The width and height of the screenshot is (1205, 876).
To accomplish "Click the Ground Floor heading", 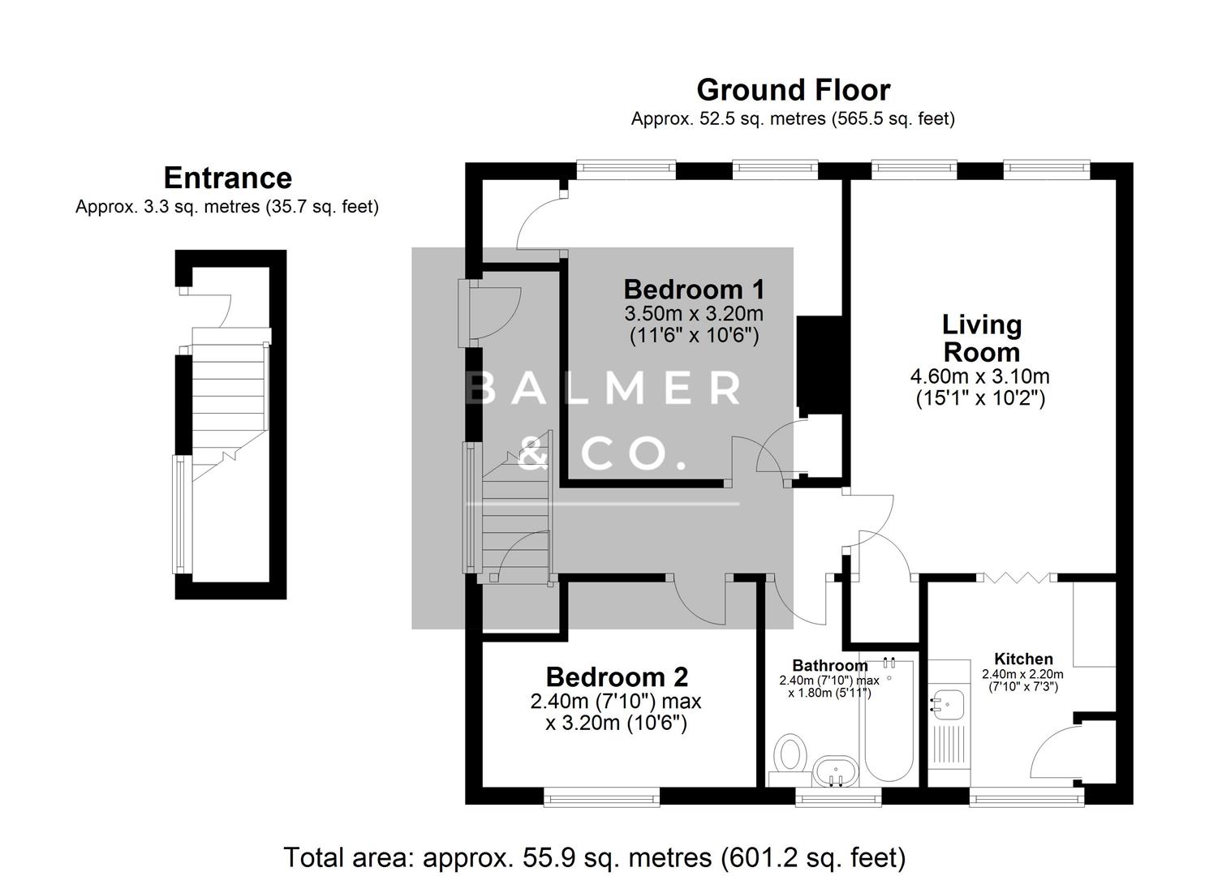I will click(793, 90).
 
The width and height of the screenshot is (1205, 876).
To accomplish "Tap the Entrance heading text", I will click(227, 178).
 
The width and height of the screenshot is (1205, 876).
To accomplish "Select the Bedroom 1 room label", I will click(694, 290).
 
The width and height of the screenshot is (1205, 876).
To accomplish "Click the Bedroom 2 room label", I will click(617, 676).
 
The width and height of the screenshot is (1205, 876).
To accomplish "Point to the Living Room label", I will click(980, 338).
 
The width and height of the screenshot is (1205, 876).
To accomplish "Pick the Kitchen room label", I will click(1023, 659).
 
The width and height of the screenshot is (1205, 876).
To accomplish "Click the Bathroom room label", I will click(830, 666).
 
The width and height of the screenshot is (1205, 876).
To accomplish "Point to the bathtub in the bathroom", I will click(889, 722).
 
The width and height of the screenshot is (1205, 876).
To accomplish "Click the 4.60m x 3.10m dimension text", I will click(980, 376).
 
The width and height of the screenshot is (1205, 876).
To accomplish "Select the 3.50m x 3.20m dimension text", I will click(694, 313).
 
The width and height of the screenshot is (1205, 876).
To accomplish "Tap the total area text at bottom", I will click(594, 857).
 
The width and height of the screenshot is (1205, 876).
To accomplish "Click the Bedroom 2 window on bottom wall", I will click(602, 798).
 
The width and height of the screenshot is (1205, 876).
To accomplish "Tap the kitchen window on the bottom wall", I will click(1028, 798).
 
